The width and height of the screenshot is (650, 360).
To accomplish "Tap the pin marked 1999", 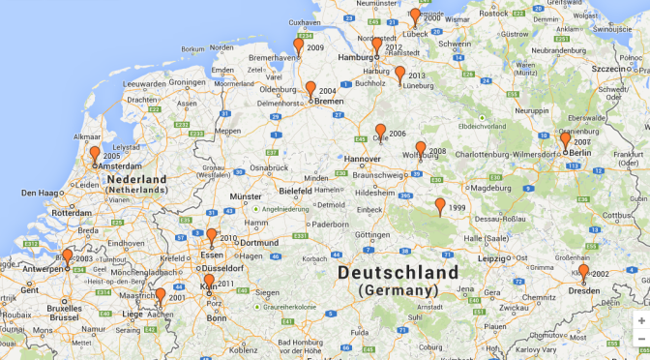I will tap(440, 206).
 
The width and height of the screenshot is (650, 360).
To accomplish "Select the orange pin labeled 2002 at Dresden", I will tap(583, 272).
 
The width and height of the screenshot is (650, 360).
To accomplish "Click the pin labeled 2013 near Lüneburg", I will tap(399, 74).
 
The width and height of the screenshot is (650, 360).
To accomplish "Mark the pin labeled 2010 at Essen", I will tap(211, 236).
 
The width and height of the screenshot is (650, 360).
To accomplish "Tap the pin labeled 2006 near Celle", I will tap(380, 132).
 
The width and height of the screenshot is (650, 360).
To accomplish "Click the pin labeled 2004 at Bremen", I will tap(310, 89).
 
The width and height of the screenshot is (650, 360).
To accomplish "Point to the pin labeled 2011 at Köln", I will tap(209, 282).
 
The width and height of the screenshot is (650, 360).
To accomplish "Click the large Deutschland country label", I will tap(398, 274).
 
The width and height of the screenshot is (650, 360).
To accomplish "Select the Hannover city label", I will tap(363, 159).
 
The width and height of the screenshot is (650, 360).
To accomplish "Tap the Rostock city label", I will tap(494, 13).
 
